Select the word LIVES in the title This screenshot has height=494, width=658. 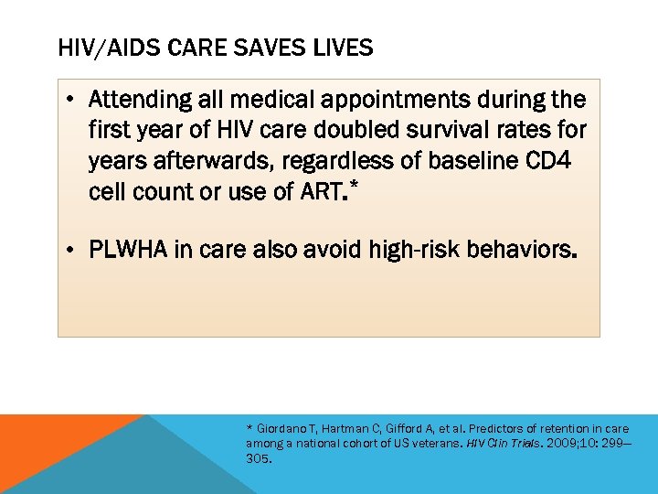pos(344,48)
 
